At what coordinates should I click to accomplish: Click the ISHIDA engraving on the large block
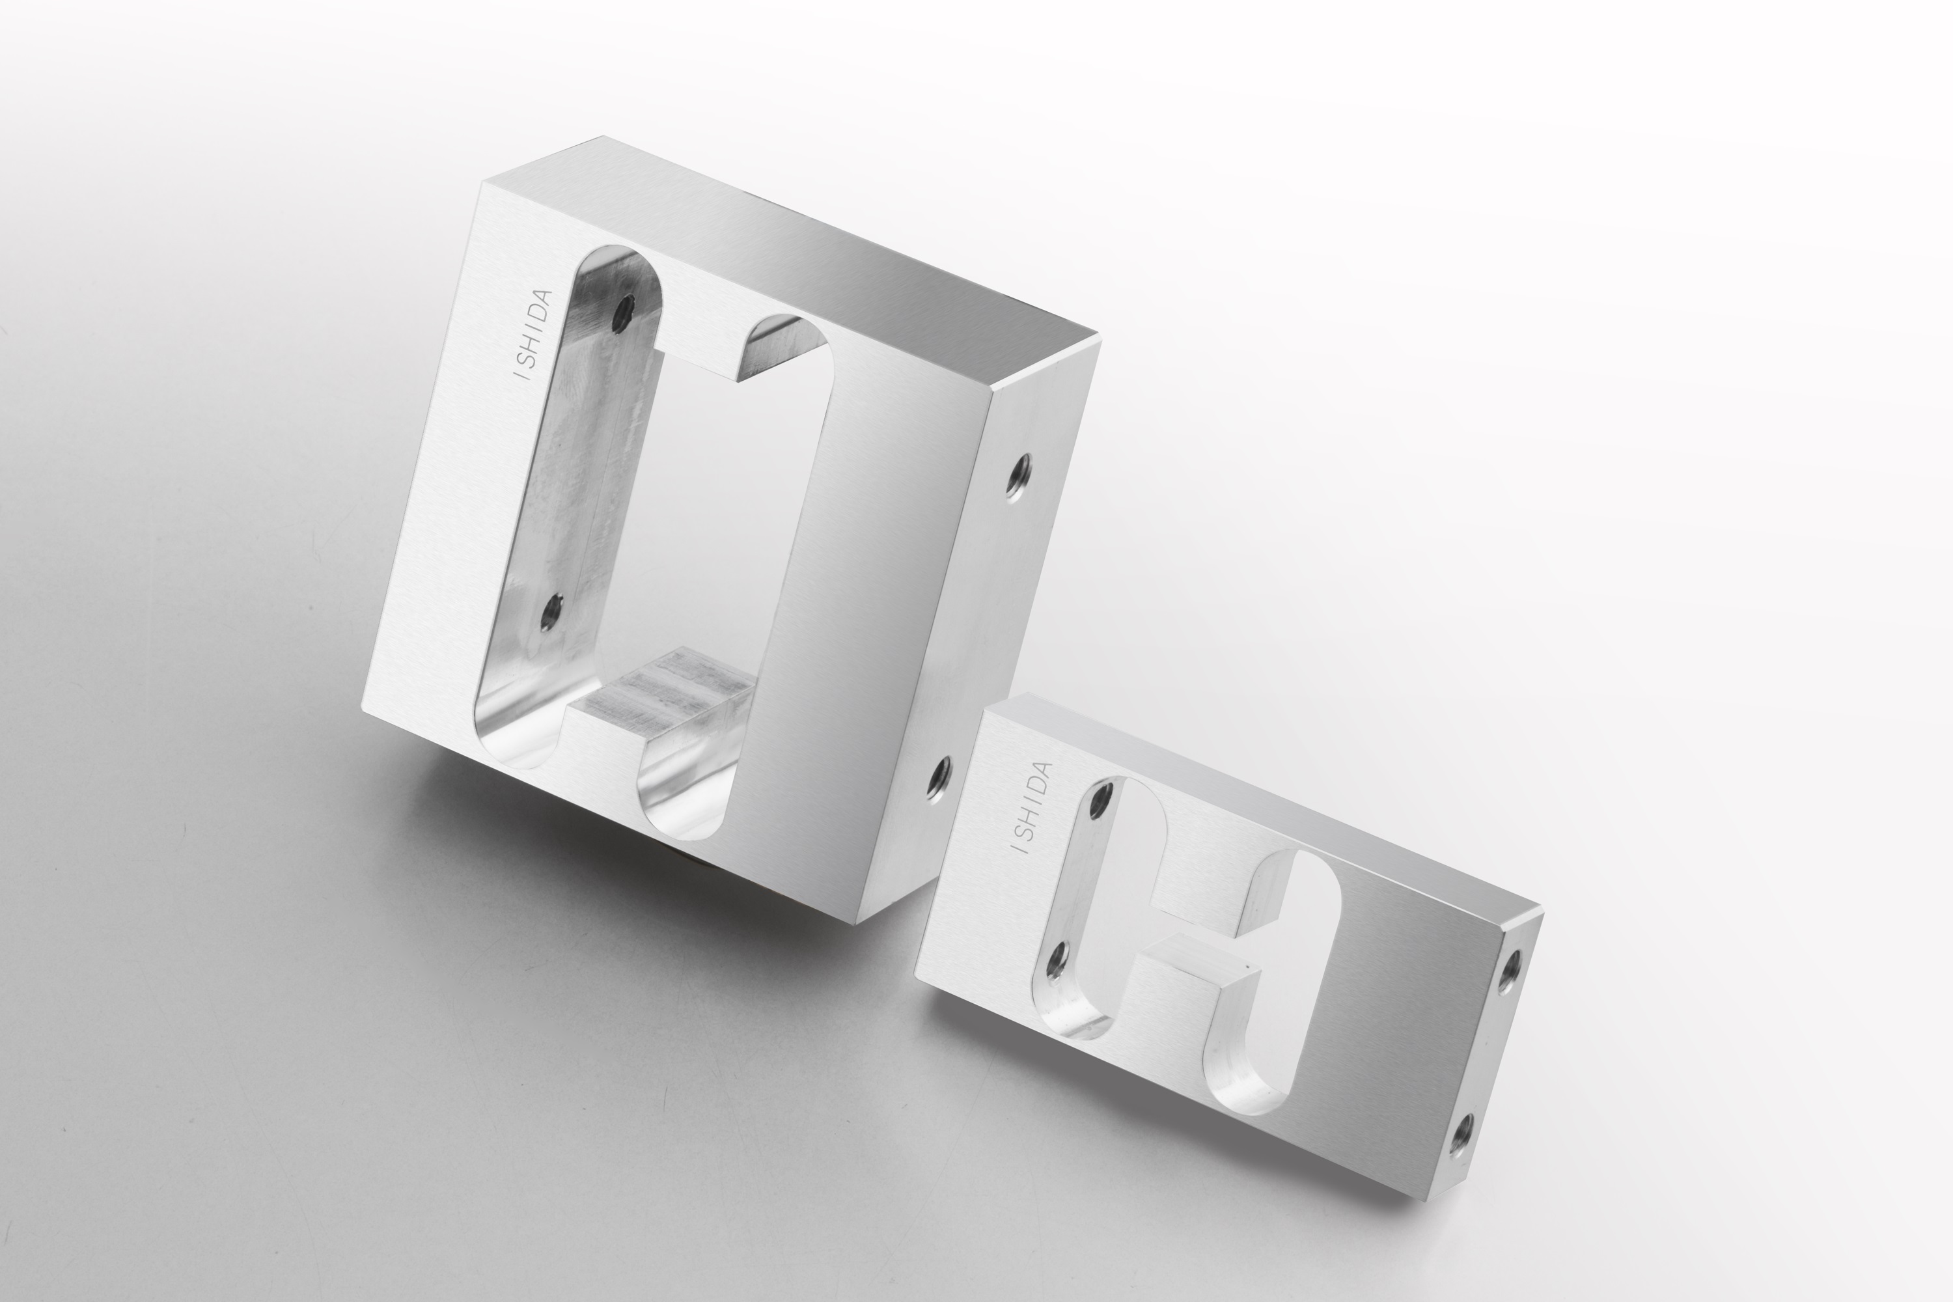(x=534, y=334)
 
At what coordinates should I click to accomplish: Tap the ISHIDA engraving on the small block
(x=1031, y=808)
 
